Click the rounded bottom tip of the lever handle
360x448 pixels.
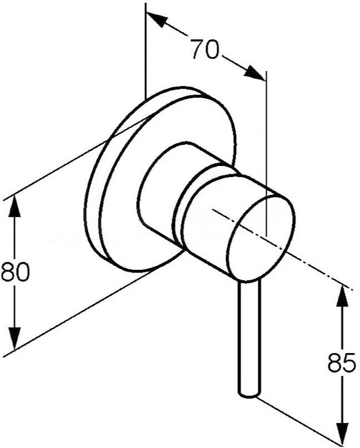tap(249, 393)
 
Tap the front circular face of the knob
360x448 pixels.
tap(261, 233)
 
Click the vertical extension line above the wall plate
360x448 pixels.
tap(145, 50)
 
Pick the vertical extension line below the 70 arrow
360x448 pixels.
tap(267, 155)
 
